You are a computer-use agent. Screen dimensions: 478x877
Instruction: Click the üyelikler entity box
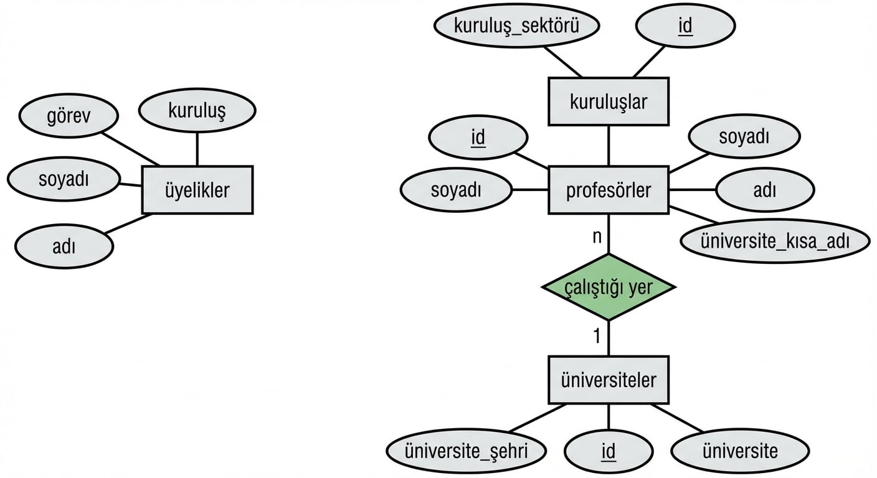coord(197,190)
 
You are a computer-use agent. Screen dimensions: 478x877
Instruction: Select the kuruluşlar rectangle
coord(608,101)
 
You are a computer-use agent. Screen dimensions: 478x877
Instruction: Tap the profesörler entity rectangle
coord(608,190)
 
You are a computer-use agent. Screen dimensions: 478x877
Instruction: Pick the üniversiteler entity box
coord(608,380)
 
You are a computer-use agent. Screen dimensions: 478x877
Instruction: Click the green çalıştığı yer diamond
coord(608,287)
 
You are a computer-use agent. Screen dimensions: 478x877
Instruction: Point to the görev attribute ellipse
coord(68,116)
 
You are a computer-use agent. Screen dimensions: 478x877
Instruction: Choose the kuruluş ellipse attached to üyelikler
coord(197,111)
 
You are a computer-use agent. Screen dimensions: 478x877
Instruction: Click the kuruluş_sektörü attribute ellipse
coord(516,26)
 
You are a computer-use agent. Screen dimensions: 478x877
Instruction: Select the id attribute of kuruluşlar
coord(685,26)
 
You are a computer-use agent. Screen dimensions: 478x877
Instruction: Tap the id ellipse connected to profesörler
coord(478,138)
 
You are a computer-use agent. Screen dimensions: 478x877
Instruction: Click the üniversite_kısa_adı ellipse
coord(775,241)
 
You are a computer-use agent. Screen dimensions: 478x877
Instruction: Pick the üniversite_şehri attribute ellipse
coord(466,451)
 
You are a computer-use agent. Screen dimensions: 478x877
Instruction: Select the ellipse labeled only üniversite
coord(740,451)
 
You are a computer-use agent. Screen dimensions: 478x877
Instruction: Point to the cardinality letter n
coord(596,237)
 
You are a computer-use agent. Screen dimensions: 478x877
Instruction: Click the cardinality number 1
coord(596,337)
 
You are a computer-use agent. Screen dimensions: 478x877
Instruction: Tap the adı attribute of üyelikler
coord(64,246)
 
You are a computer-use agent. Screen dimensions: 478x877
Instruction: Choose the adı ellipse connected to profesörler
coord(764,190)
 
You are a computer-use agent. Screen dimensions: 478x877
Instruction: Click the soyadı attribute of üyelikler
coord(64,180)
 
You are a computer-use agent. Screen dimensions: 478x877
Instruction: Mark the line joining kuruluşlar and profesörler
coord(608,146)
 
